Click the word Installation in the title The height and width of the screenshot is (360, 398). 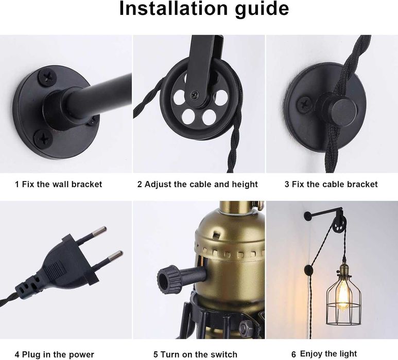coord(174,9)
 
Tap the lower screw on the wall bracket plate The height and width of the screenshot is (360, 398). coord(43,138)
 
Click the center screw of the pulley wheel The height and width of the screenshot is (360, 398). coord(195,95)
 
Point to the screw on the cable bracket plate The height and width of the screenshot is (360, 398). coord(304,104)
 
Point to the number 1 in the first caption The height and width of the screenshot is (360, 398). coord(17,184)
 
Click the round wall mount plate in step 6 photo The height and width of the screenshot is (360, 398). coord(308,216)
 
